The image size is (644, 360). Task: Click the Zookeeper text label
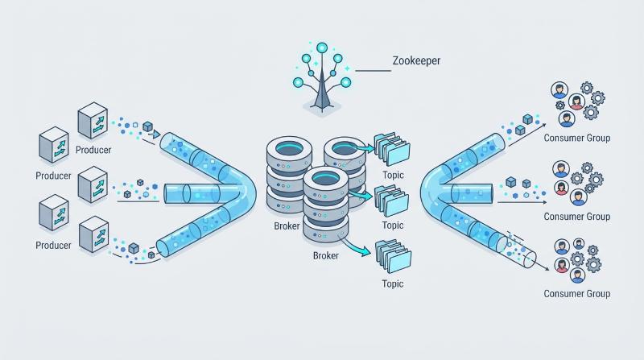click(416, 61)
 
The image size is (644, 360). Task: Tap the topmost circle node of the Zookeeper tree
click(323, 48)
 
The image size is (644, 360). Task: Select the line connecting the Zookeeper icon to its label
click(373, 71)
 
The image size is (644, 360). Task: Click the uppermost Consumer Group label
click(576, 138)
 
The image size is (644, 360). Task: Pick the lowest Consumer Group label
click(576, 294)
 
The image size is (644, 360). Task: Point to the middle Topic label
click(393, 226)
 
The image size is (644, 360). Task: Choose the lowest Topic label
click(393, 284)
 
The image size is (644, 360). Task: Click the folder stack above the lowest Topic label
click(393, 256)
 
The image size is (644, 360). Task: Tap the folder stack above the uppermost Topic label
click(392, 148)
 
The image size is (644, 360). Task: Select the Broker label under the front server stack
click(326, 255)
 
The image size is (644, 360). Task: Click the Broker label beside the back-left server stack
click(287, 226)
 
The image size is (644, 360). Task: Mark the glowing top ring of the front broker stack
click(326, 178)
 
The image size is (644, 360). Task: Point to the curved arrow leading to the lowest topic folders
click(354, 246)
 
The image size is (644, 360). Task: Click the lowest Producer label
click(53, 246)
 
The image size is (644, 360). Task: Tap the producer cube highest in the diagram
click(93, 120)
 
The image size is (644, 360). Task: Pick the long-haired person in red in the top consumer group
click(576, 102)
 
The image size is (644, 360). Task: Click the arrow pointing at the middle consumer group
click(522, 202)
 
